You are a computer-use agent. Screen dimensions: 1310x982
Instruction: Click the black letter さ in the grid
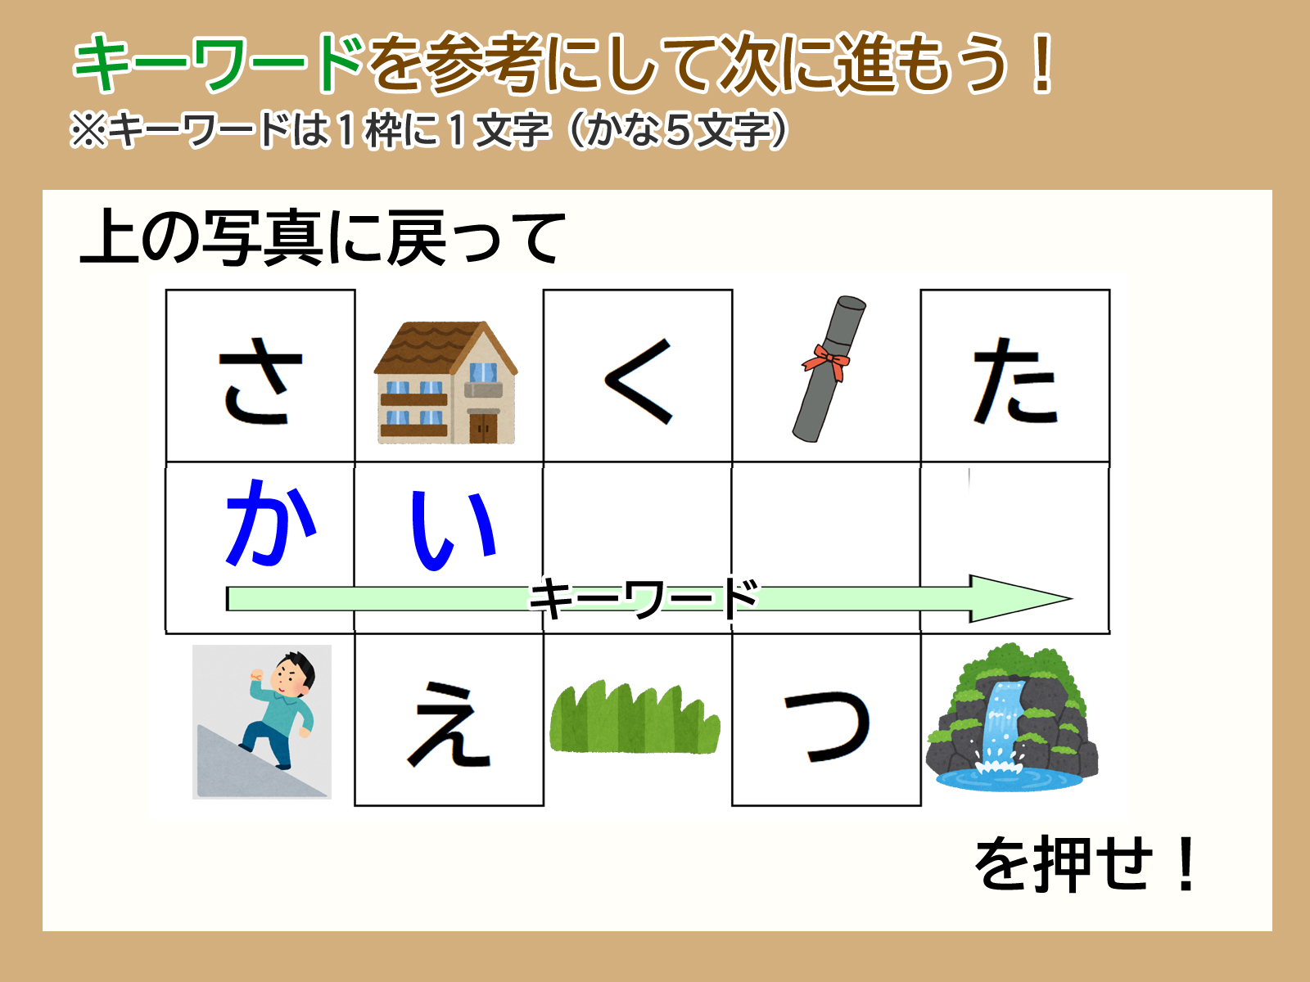(x=260, y=381)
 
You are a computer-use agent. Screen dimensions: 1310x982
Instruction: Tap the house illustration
(x=446, y=382)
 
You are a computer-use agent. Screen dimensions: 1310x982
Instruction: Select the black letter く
(x=639, y=381)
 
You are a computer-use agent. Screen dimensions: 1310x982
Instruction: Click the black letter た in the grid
(x=1015, y=381)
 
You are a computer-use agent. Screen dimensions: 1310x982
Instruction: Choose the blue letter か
(x=270, y=522)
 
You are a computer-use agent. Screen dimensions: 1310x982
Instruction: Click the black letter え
(x=449, y=724)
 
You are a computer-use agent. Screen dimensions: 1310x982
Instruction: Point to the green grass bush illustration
(x=635, y=717)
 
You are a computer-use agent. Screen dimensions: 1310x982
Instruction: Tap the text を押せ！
(x=1085, y=863)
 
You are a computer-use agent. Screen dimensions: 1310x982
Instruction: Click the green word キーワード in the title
(x=219, y=63)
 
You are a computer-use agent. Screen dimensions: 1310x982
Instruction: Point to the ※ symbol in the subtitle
(x=89, y=130)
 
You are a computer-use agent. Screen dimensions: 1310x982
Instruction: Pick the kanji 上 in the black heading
(x=109, y=236)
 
